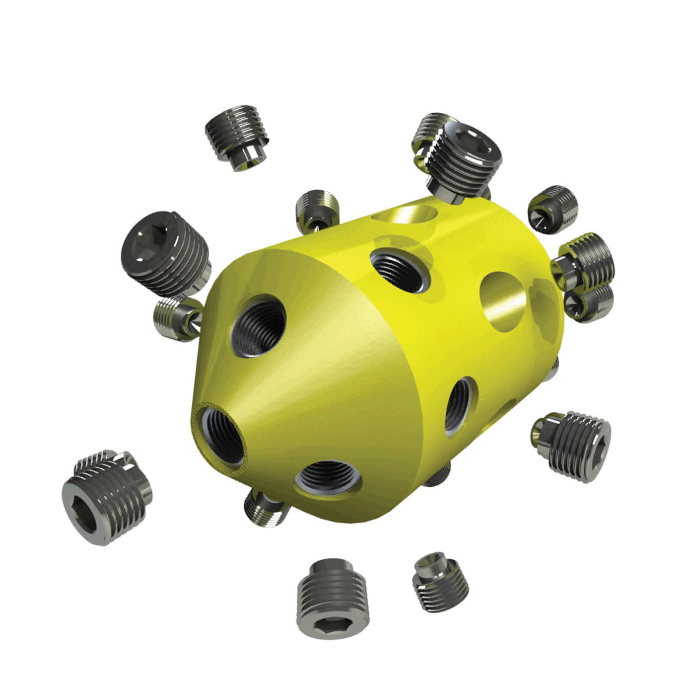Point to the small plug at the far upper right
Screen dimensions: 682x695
554,209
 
